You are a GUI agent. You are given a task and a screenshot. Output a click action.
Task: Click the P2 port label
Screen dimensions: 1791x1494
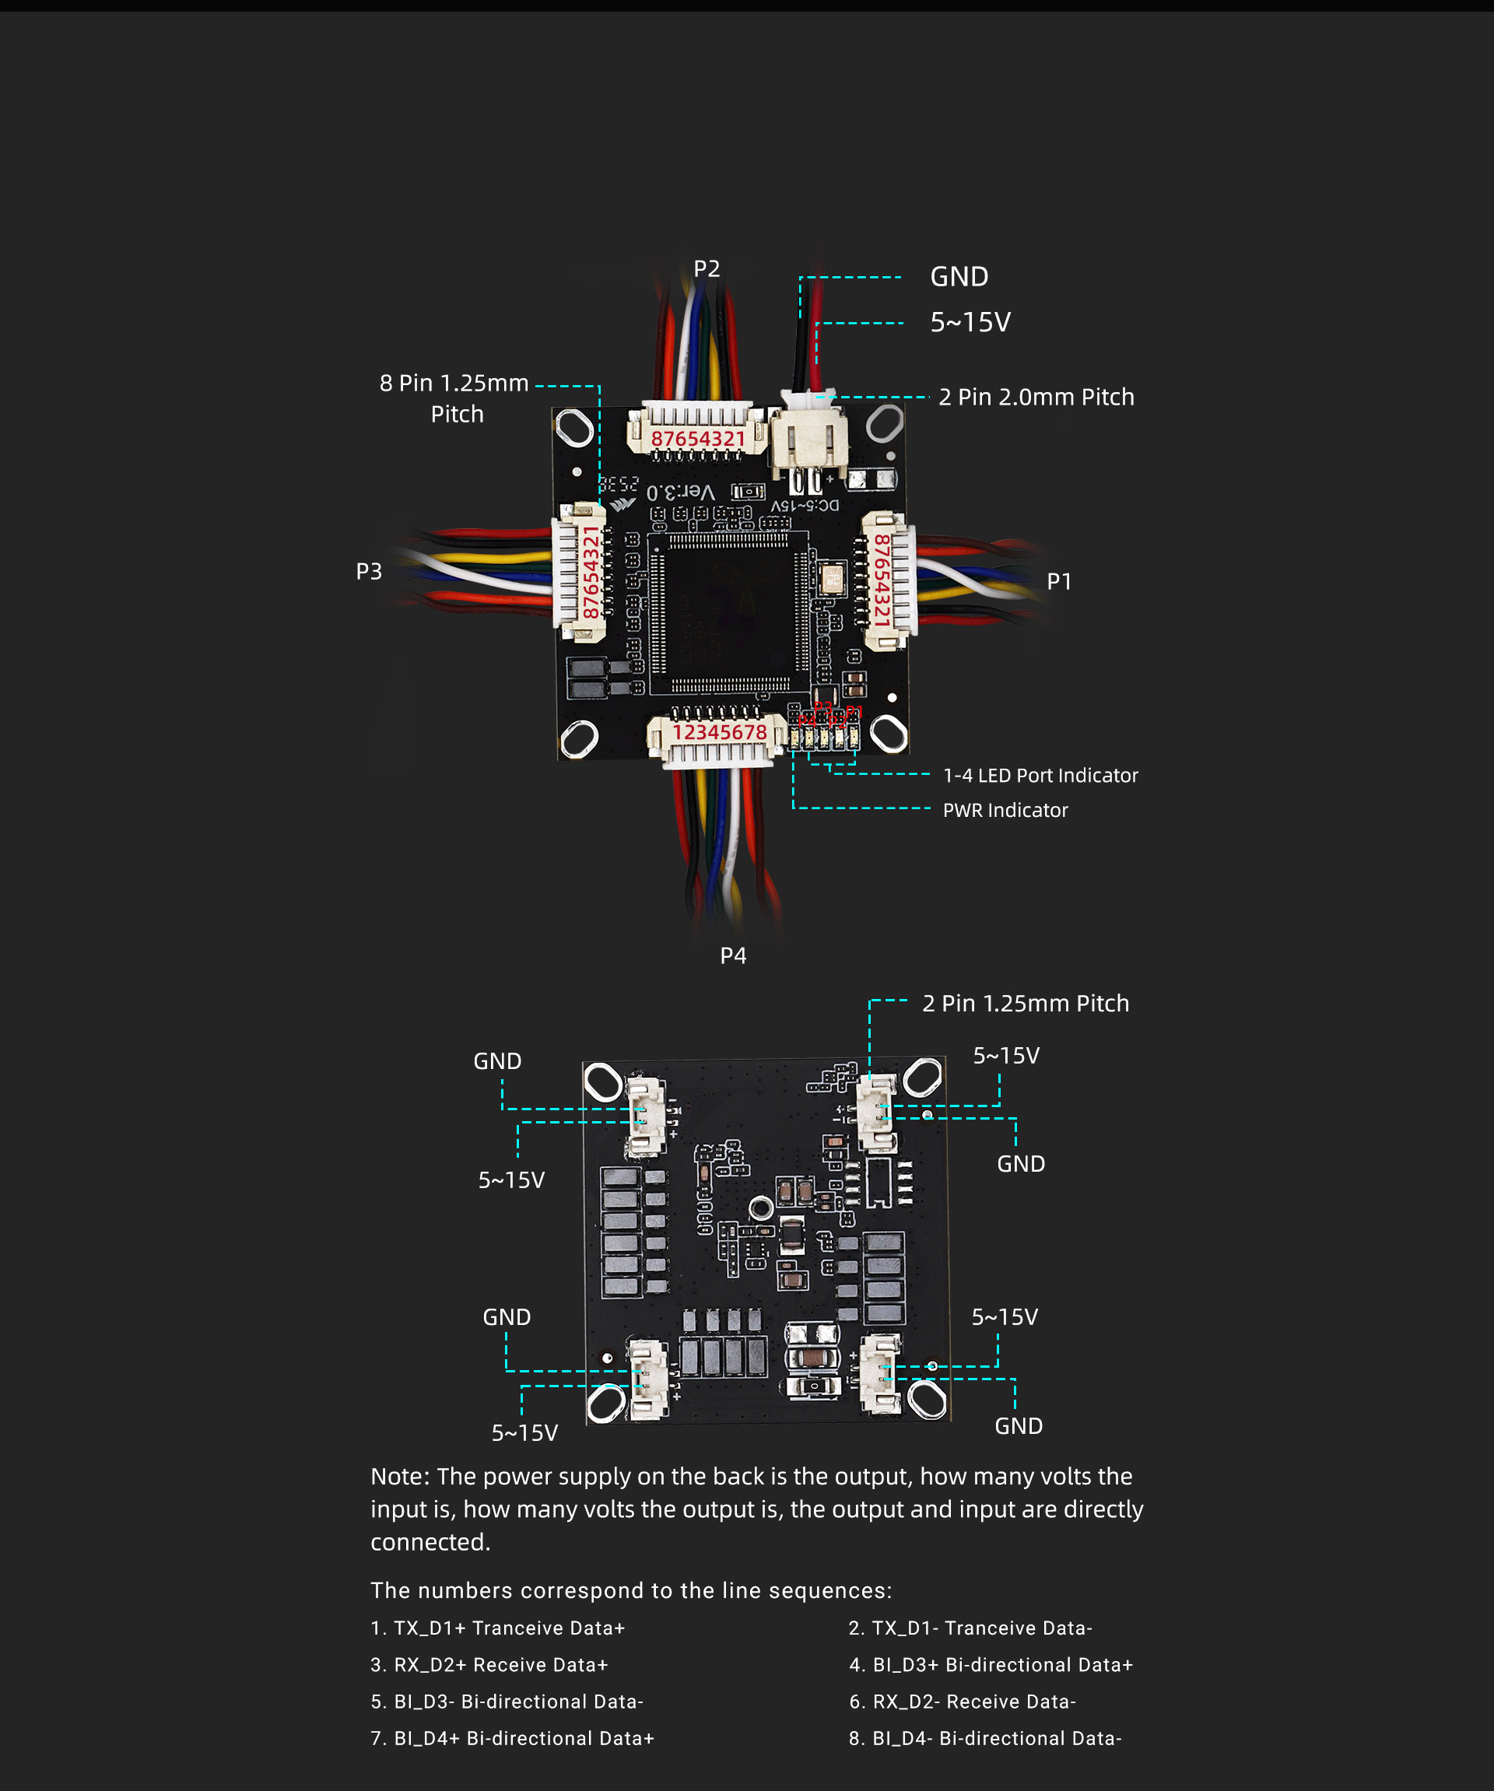(707, 268)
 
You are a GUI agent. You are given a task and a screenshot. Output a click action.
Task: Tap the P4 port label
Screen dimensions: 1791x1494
(733, 955)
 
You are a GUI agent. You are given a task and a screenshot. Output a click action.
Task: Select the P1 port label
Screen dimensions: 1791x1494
(1059, 581)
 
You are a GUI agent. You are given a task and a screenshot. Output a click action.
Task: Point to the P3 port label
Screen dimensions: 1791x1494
(370, 570)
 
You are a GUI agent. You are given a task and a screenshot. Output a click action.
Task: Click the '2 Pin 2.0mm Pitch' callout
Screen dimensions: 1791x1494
(1036, 397)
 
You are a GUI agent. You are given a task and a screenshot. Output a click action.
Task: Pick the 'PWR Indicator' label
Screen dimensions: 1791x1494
(1005, 810)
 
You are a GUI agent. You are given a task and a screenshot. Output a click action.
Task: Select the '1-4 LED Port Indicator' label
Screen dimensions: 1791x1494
(1040, 775)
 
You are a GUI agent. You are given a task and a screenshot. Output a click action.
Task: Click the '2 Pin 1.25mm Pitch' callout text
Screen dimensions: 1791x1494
(1026, 1003)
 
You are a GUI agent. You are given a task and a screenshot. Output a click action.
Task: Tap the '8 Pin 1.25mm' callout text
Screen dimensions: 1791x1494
(454, 383)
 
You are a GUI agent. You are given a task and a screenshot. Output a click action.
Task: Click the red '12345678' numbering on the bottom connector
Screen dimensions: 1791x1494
(720, 732)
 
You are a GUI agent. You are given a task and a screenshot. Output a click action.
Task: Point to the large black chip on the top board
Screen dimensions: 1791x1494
(729, 612)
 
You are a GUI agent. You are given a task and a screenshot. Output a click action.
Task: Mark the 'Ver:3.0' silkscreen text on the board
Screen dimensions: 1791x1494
(681, 491)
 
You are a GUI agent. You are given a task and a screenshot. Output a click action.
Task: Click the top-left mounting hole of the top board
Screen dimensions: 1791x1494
(576, 427)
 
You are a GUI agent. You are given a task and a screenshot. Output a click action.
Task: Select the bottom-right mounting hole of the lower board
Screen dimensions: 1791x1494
(927, 1399)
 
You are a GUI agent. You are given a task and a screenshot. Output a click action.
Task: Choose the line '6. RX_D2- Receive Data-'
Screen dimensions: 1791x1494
(962, 1702)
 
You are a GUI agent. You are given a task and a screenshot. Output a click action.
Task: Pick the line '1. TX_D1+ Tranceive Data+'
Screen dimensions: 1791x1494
(498, 1628)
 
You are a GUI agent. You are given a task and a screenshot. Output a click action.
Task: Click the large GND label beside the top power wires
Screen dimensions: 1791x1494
(959, 276)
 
